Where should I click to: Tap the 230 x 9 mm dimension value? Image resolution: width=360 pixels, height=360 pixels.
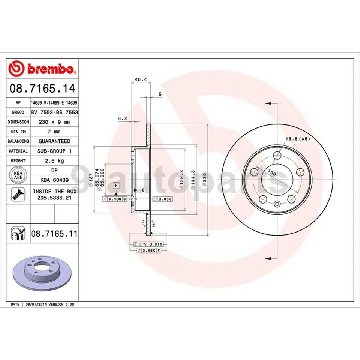(x=54, y=122)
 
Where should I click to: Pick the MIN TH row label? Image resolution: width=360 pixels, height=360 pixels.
(x=18, y=132)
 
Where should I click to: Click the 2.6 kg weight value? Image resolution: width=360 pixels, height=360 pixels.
(x=54, y=160)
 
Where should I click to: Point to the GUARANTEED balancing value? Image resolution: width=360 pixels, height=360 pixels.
(x=54, y=141)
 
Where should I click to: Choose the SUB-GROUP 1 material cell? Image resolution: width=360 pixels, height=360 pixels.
(x=54, y=151)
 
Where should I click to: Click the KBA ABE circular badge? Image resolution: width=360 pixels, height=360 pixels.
(x=18, y=175)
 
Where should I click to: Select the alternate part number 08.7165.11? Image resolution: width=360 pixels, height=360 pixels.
(x=54, y=234)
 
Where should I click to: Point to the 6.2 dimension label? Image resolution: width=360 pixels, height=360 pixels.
(x=122, y=118)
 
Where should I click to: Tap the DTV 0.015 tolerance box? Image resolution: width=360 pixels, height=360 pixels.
(x=147, y=244)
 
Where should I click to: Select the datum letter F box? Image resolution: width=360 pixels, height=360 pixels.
(x=116, y=186)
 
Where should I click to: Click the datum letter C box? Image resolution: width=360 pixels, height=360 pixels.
(x=143, y=190)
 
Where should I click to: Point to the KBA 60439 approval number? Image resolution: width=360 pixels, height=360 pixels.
(x=54, y=180)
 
